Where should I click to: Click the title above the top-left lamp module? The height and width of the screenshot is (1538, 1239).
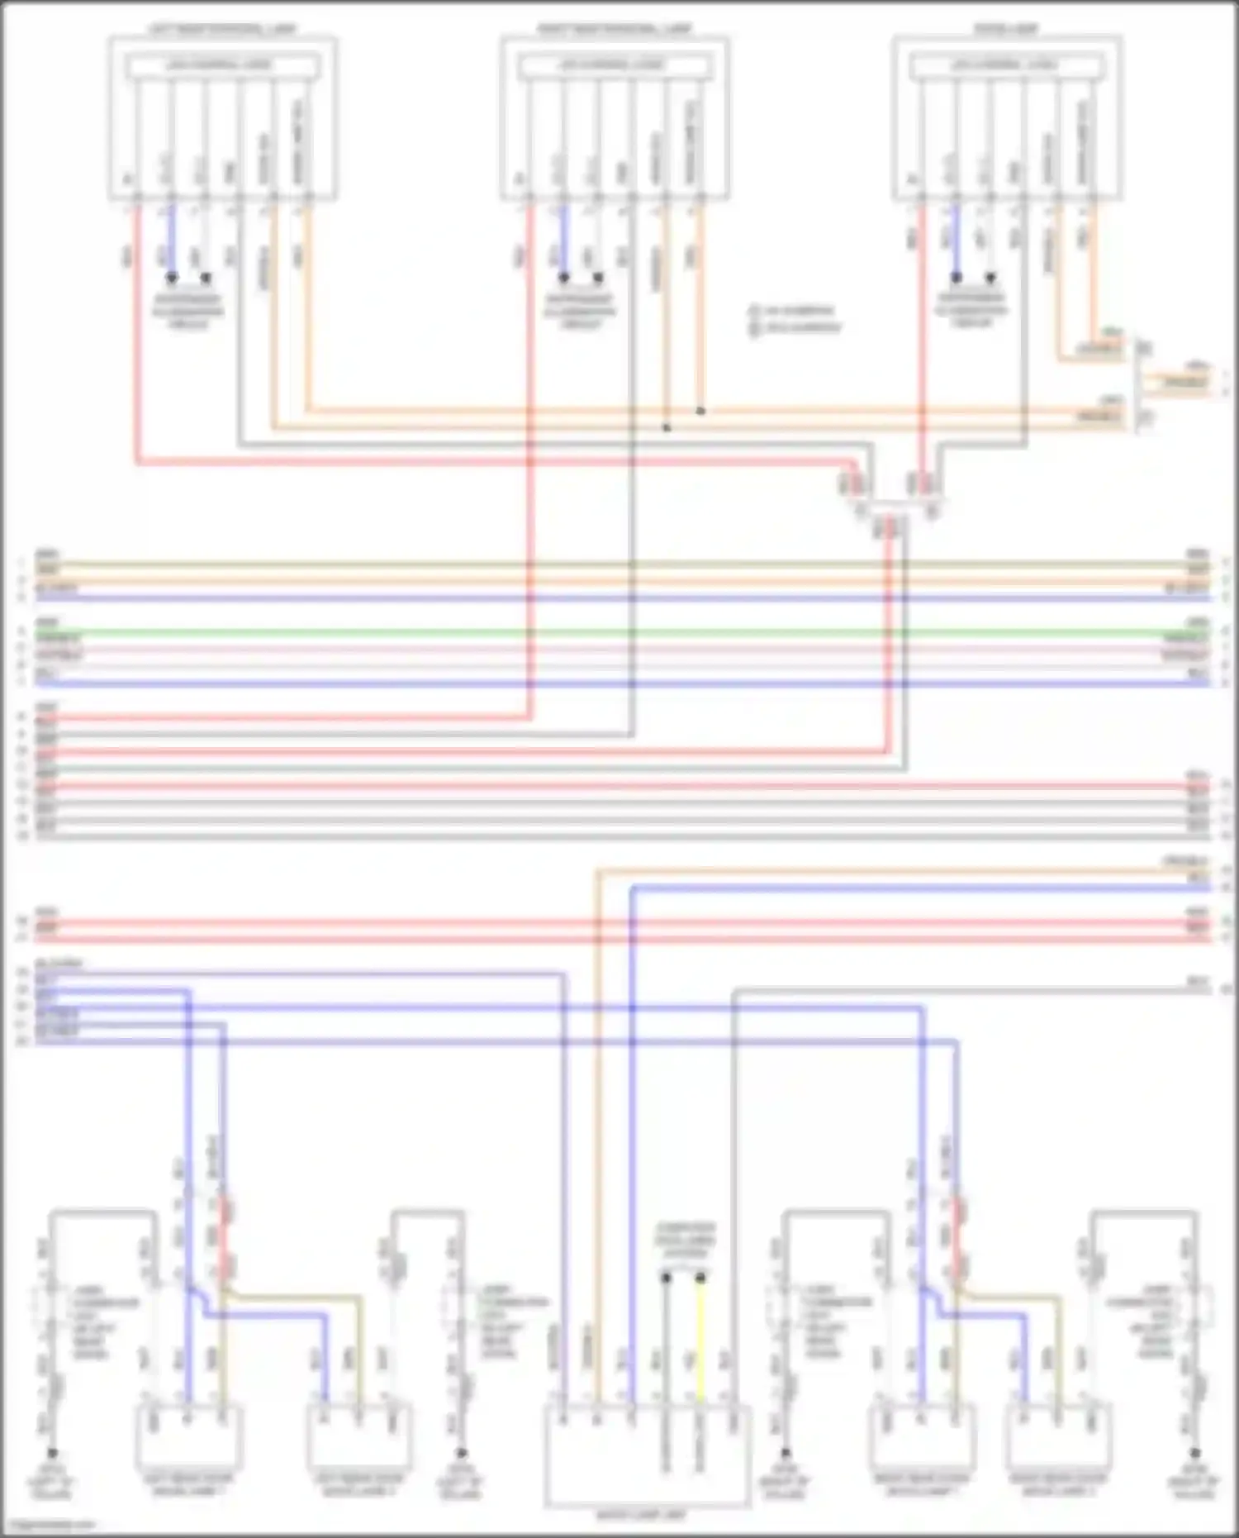221,30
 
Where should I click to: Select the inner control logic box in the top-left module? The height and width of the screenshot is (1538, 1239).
221,65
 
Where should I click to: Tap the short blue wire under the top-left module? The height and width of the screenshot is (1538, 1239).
171,240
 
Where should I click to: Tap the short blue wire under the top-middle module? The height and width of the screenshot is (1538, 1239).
563,240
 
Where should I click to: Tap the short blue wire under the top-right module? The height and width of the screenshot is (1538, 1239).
956,240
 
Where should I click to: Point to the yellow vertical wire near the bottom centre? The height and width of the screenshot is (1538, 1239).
700,1339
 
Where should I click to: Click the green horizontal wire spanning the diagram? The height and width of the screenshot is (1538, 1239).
619,632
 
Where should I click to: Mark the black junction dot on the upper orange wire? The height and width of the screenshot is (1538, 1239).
700,411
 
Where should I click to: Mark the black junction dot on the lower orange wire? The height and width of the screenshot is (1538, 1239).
667,428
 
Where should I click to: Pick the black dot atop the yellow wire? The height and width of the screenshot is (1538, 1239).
700,1278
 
